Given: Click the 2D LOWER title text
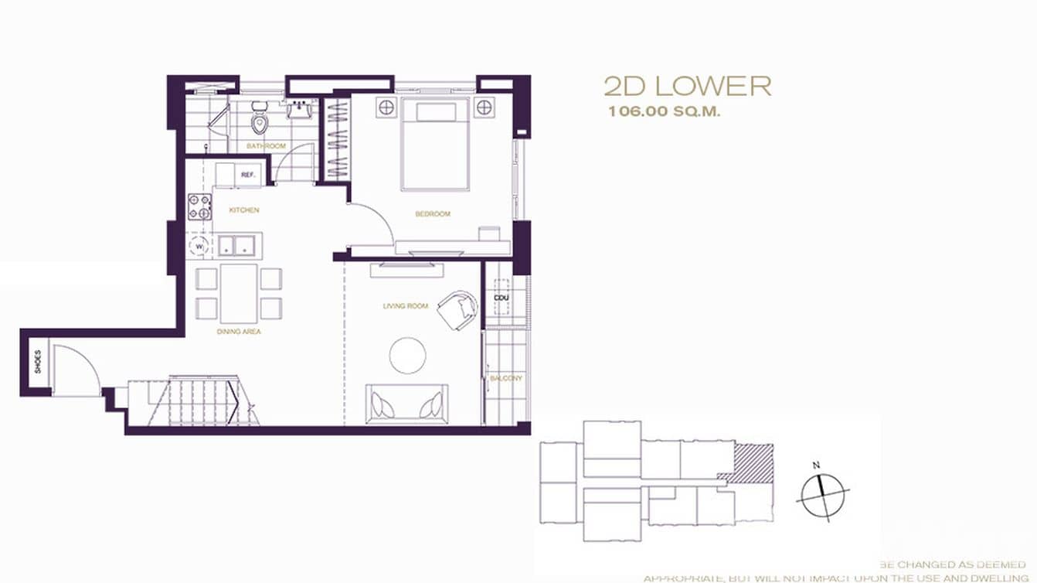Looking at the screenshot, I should click(x=687, y=86).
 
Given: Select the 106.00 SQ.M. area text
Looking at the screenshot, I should click(x=664, y=111).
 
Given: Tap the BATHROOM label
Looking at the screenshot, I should click(x=266, y=146).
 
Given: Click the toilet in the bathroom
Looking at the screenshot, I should click(x=259, y=122).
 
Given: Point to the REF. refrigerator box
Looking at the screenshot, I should click(x=247, y=176).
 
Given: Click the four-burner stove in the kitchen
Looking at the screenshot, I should click(x=200, y=207).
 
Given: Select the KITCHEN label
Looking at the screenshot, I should click(x=244, y=210).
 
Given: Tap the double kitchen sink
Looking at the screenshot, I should click(x=236, y=246).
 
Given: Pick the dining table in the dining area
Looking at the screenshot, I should click(x=238, y=293).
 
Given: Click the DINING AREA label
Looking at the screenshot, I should click(x=239, y=332).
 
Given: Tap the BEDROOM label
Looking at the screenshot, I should click(x=433, y=214).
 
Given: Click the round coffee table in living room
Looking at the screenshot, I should click(x=407, y=356).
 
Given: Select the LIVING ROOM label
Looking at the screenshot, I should click(x=405, y=306).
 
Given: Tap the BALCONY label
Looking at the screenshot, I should click(x=506, y=378).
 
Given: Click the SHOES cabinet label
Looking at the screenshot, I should click(x=37, y=362).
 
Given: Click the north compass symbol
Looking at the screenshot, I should click(x=822, y=494).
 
